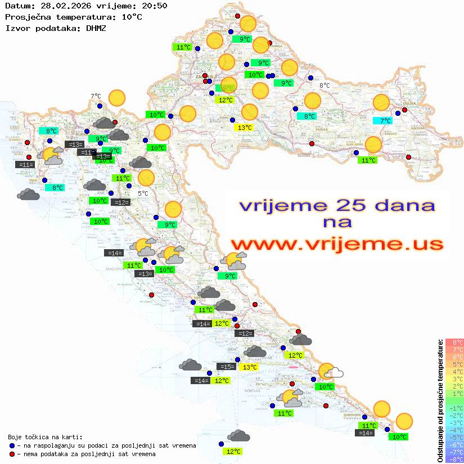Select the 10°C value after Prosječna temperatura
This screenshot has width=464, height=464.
(132, 17)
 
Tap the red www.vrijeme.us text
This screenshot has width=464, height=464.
(336, 244)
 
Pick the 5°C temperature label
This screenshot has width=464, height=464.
(143, 193)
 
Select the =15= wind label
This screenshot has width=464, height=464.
(227, 367)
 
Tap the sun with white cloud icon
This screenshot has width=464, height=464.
(330, 372)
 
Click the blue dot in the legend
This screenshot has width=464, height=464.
(12, 445)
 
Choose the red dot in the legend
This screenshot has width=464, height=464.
(12, 454)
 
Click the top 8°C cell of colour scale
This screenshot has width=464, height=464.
(454, 343)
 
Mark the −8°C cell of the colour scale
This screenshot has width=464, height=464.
(454, 459)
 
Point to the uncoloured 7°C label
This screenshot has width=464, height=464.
(96, 96)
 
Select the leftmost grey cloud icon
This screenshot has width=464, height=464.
(28, 195)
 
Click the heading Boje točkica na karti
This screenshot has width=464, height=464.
(45, 436)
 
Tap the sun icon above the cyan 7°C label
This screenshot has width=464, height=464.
(381, 103)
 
